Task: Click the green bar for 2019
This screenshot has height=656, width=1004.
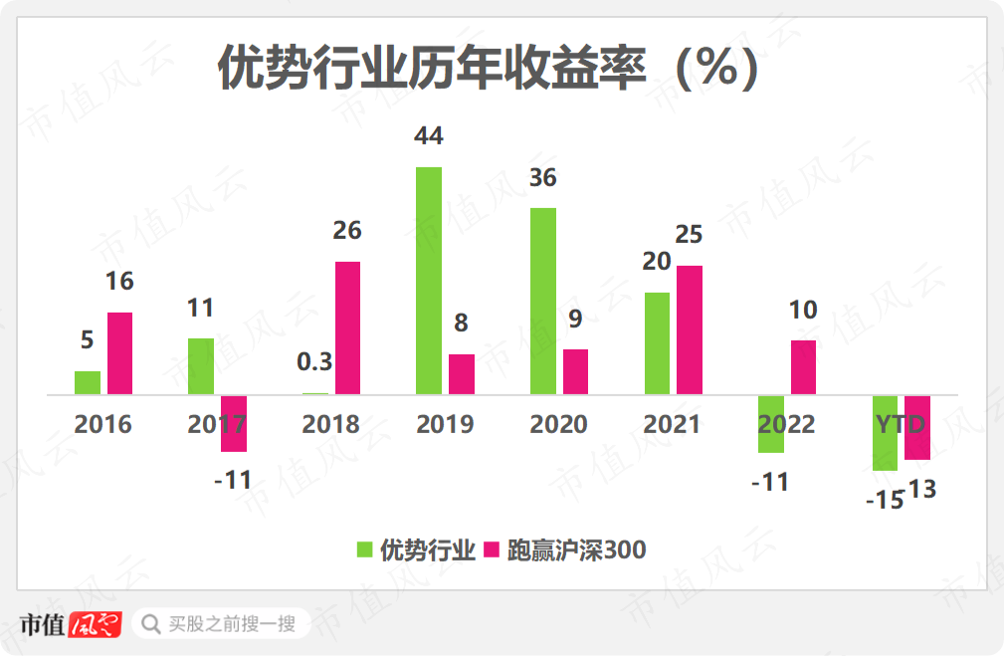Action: [429, 281]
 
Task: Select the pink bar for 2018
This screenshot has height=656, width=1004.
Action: [347, 328]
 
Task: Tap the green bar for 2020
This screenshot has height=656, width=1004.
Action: [543, 301]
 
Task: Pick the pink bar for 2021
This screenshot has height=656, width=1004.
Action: [689, 329]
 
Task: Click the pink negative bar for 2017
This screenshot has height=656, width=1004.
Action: [233, 423]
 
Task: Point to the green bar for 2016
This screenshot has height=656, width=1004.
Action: [88, 382]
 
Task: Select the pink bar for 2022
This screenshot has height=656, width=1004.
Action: [803, 367]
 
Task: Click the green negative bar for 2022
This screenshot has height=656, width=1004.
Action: [770, 424]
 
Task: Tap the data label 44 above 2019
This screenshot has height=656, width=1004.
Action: [428, 135]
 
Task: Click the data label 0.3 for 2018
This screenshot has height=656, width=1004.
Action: [314, 361]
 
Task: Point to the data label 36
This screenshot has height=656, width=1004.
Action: [542, 178]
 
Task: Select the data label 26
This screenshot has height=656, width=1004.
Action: [347, 231]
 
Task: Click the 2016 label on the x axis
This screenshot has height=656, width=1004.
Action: [102, 425]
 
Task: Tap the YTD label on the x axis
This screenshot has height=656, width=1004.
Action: [901, 425]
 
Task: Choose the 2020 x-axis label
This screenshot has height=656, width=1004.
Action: [558, 425]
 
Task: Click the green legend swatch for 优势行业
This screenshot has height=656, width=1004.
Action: [366, 549]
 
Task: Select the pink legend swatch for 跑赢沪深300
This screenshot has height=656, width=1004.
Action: [491, 549]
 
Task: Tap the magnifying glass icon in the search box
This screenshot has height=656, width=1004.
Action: [151, 624]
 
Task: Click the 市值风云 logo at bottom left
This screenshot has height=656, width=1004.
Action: [70, 624]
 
